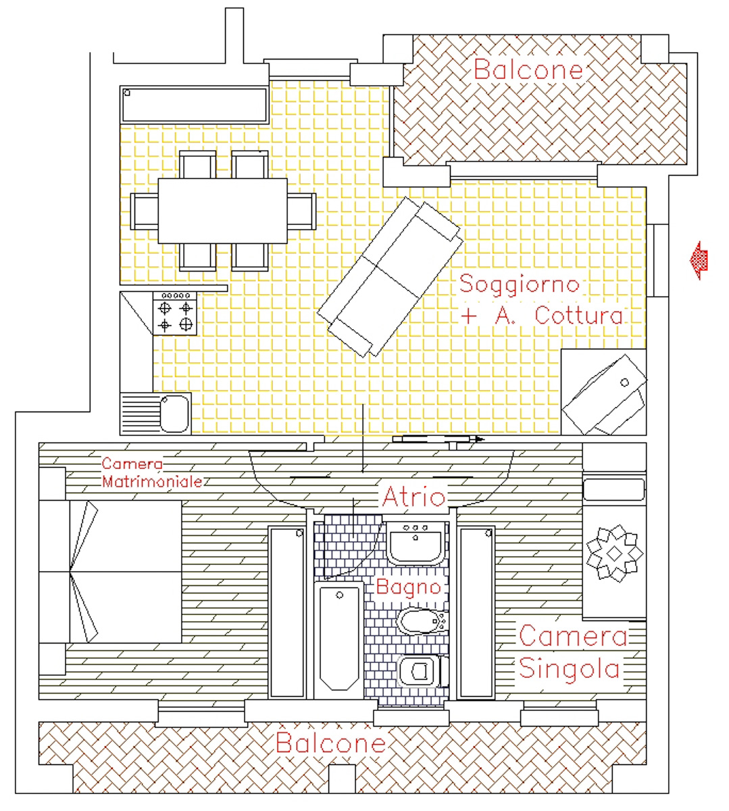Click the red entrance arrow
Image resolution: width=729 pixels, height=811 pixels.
click(699, 260)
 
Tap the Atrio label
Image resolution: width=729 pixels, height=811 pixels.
click(413, 496)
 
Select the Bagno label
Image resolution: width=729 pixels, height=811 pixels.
click(408, 587)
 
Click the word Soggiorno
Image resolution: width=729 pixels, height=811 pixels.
click(520, 285)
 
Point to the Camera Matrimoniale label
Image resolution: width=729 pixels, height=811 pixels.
click(151, 472)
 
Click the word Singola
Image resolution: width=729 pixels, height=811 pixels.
click(570, 668)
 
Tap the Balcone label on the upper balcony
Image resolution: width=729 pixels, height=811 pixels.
click(528, 69)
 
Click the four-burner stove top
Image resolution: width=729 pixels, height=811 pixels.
click(175, 314)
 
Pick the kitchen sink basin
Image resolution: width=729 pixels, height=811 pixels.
click(175, 414)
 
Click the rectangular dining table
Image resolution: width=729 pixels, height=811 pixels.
click(222, 211)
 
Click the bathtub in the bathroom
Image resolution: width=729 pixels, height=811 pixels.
click(339, 640)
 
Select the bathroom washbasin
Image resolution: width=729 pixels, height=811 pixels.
click(416, 543)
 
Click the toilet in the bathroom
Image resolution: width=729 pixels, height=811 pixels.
click(423, 672)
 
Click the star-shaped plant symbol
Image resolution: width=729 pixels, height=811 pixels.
click(614, 554)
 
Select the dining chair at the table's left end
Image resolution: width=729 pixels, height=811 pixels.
click(145, 211)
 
